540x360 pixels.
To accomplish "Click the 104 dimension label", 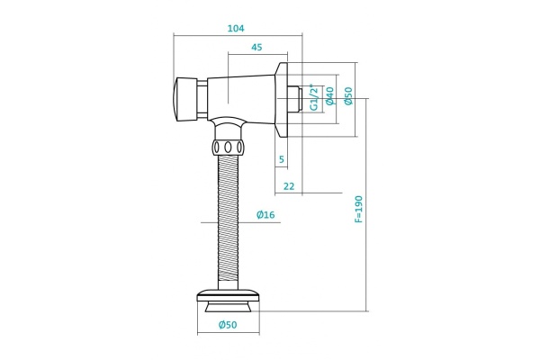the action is [236, 28].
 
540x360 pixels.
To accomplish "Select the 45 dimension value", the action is [256, 47].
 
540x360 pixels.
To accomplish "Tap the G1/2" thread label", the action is [314, 97].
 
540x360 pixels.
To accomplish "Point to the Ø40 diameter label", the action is [329, 96].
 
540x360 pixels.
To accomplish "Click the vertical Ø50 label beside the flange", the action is [348, 95].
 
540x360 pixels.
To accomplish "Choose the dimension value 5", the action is [282, 159].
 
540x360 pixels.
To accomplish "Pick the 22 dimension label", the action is [289, 186].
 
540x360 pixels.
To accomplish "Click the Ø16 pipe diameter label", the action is [265, 215].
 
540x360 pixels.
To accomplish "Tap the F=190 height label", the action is [358, 209].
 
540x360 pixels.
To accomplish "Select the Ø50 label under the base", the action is [228, 325].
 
